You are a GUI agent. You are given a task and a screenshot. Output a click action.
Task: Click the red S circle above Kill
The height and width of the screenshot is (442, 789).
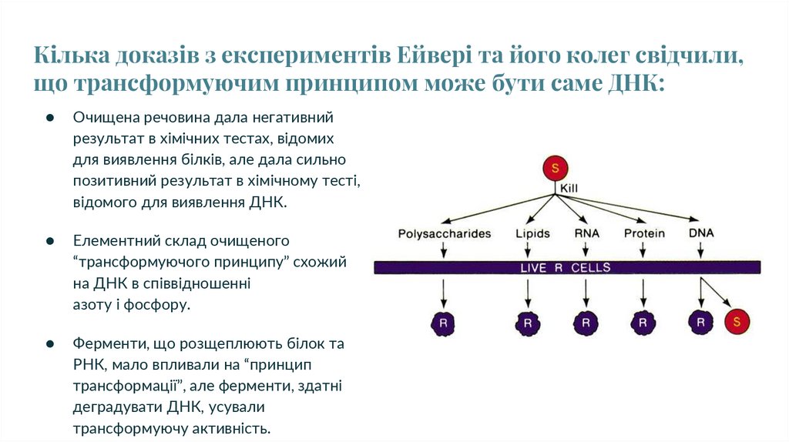click(555, 169)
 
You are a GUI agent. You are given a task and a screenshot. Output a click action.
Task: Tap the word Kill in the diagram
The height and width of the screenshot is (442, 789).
click(569, 188)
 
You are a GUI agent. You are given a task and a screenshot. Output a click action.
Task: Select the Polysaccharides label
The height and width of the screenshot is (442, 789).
click(444, 233)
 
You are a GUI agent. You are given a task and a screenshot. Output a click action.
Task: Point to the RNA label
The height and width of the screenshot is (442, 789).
click(586, 233)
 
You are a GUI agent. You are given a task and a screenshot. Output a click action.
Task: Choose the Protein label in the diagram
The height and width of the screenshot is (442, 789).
click(644, 233)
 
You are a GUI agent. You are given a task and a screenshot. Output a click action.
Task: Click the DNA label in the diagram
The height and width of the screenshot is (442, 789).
click(700, 233)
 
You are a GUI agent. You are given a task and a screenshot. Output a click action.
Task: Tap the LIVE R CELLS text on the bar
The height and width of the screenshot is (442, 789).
click(566, 268)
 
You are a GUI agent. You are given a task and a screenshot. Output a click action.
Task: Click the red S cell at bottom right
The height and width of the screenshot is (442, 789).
click(737, 322)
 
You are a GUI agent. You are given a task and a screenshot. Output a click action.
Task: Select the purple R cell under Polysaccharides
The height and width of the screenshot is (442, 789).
click(444, 323)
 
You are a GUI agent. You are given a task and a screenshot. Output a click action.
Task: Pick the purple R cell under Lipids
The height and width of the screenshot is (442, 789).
click(528, 323)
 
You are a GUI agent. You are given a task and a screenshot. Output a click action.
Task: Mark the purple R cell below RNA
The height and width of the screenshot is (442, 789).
click(586, 323)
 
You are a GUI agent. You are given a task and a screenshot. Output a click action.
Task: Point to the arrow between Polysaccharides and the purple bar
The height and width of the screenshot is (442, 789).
click(444, 249)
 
